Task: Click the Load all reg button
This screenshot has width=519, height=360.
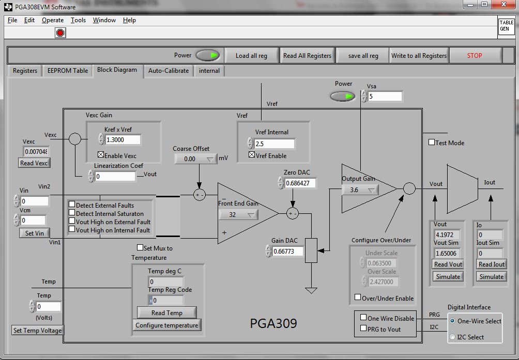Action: [251, 56]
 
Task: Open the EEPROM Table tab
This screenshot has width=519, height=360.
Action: [68, 71]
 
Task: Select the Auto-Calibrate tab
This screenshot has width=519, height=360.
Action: [169, 71]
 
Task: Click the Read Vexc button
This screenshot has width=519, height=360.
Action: [34, 163]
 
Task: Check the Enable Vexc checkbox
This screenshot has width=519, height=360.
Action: [101, 155]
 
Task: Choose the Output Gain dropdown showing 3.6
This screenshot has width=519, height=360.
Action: [360, 190]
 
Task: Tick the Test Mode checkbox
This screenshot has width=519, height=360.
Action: [432, 143]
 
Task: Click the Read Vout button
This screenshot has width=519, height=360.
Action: [448, 264]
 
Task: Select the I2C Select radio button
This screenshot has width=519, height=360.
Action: [453, 337]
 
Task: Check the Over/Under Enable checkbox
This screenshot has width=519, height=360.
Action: [358, 298]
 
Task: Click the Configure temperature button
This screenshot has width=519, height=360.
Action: [166, 325]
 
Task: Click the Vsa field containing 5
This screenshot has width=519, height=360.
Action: [385, 97]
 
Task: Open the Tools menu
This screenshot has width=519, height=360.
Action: [79, 20]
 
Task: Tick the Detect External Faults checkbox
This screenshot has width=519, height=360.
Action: [72, 205]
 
